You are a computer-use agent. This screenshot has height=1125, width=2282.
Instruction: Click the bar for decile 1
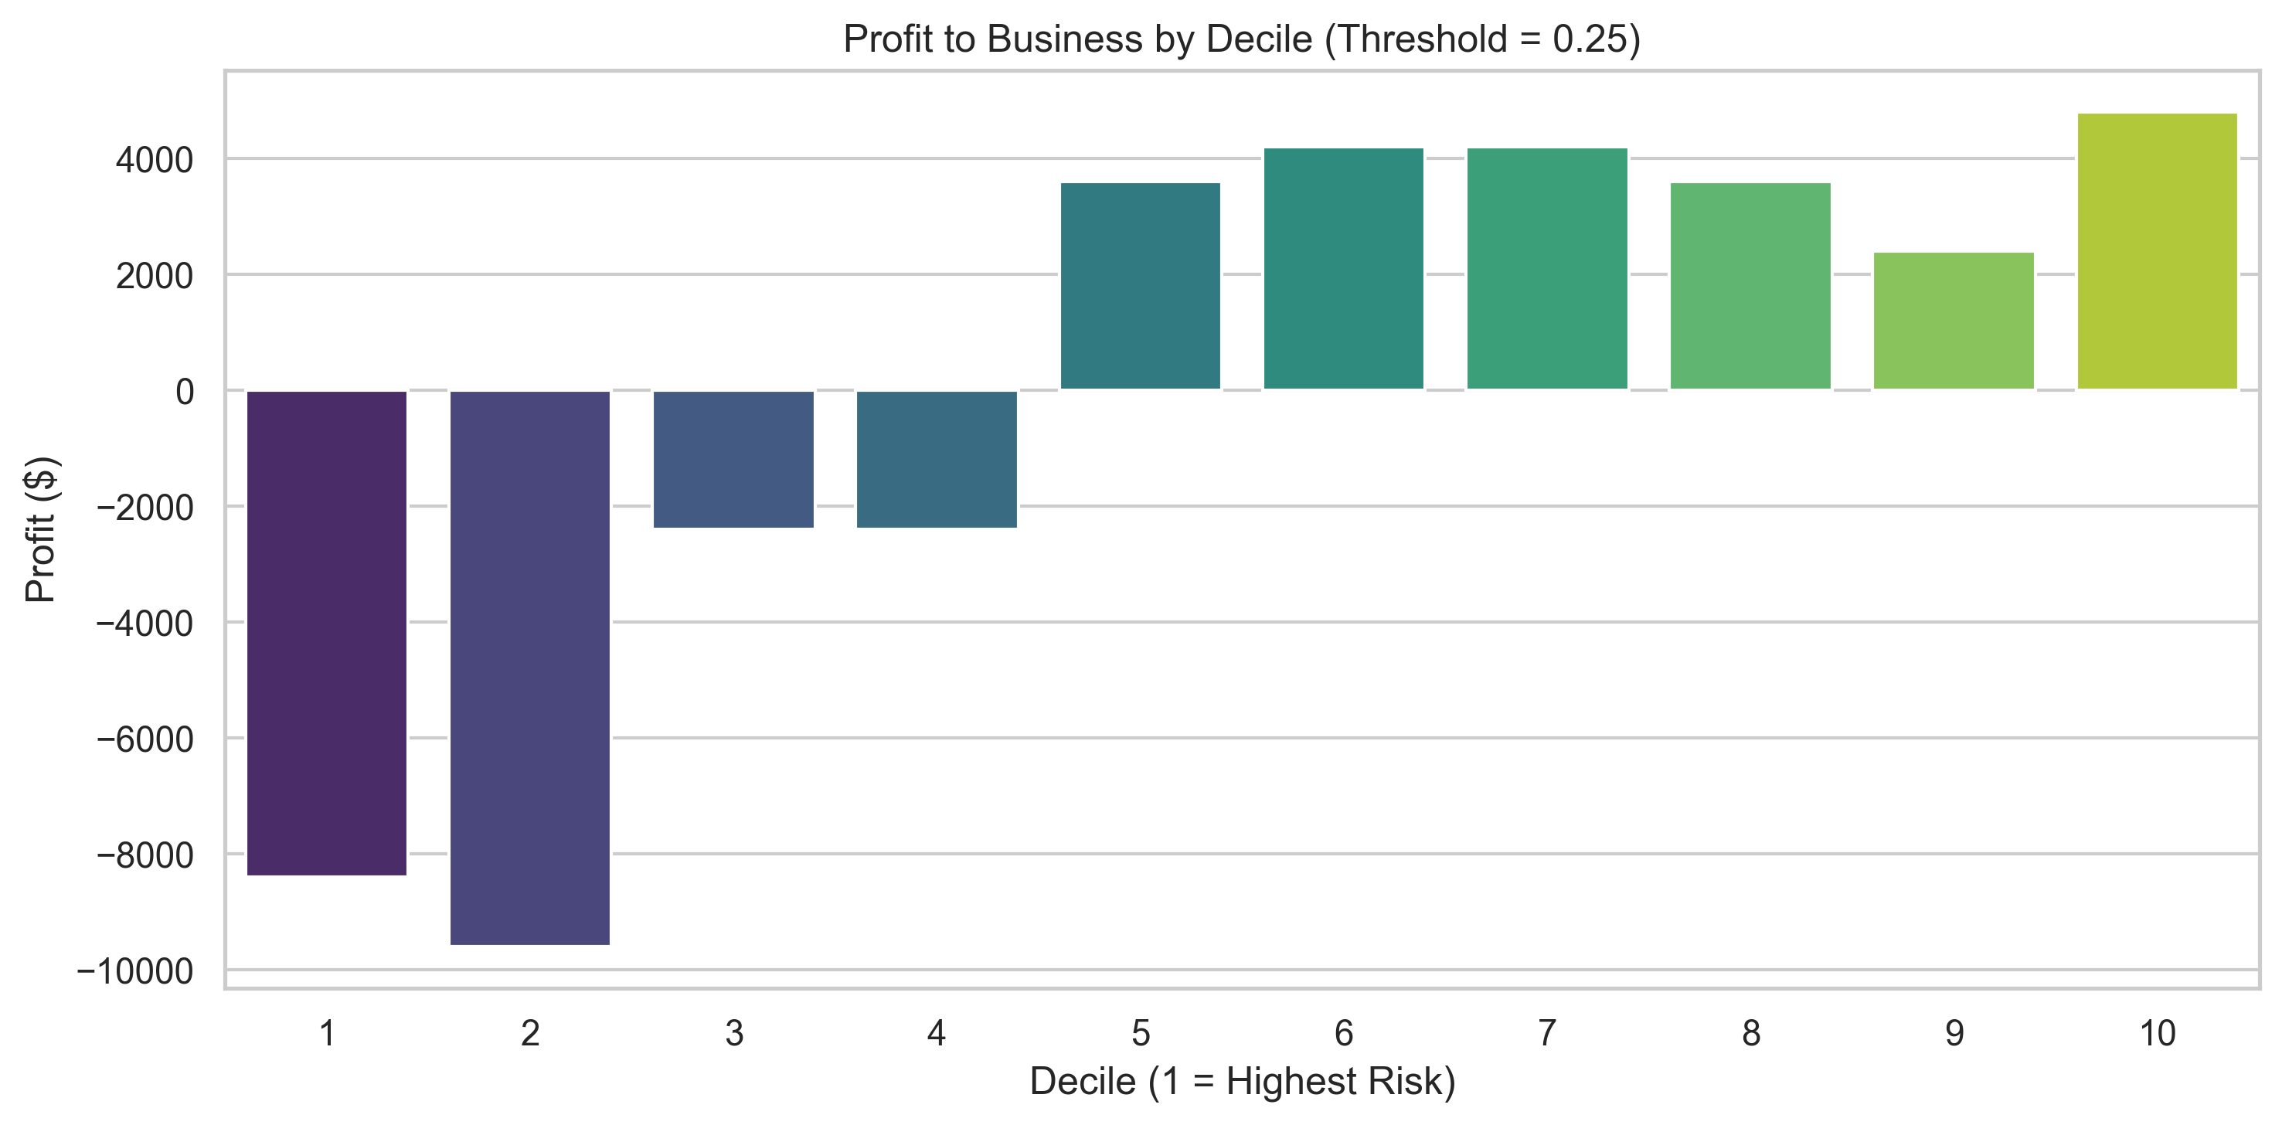pos(326,633)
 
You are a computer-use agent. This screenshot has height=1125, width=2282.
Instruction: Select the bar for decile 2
pos(530,667)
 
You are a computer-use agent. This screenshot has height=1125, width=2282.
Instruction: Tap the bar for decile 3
pos(733,459)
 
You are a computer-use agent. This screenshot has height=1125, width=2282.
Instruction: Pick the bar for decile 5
pos(1140,286)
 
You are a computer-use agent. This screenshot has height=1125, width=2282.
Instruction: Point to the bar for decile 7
pos(1547,268)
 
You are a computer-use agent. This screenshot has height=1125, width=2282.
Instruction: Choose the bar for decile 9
pos(1954,321)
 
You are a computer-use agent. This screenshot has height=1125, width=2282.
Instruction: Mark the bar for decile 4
pos(937,459)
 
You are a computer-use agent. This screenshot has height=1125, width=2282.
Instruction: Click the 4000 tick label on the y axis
pos(154,161)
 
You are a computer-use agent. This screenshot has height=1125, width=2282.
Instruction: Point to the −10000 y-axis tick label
pos(134,972)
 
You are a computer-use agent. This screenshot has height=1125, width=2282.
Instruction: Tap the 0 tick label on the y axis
pos(184,392)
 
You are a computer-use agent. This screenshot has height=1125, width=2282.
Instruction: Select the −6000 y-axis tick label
pos(145,739)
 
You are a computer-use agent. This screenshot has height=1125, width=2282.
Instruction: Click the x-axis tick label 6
pos(1344,1033)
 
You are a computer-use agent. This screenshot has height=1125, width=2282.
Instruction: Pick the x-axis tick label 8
pos(1750,1033)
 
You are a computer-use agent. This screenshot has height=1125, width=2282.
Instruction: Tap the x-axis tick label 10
pos(2157,1033)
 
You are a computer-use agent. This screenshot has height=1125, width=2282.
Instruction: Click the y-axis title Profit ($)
pos(41,530)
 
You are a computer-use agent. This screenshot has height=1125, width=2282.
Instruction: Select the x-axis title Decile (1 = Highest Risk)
pos(1242,1082)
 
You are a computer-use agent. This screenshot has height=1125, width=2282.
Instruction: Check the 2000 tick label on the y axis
pos(154,277)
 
